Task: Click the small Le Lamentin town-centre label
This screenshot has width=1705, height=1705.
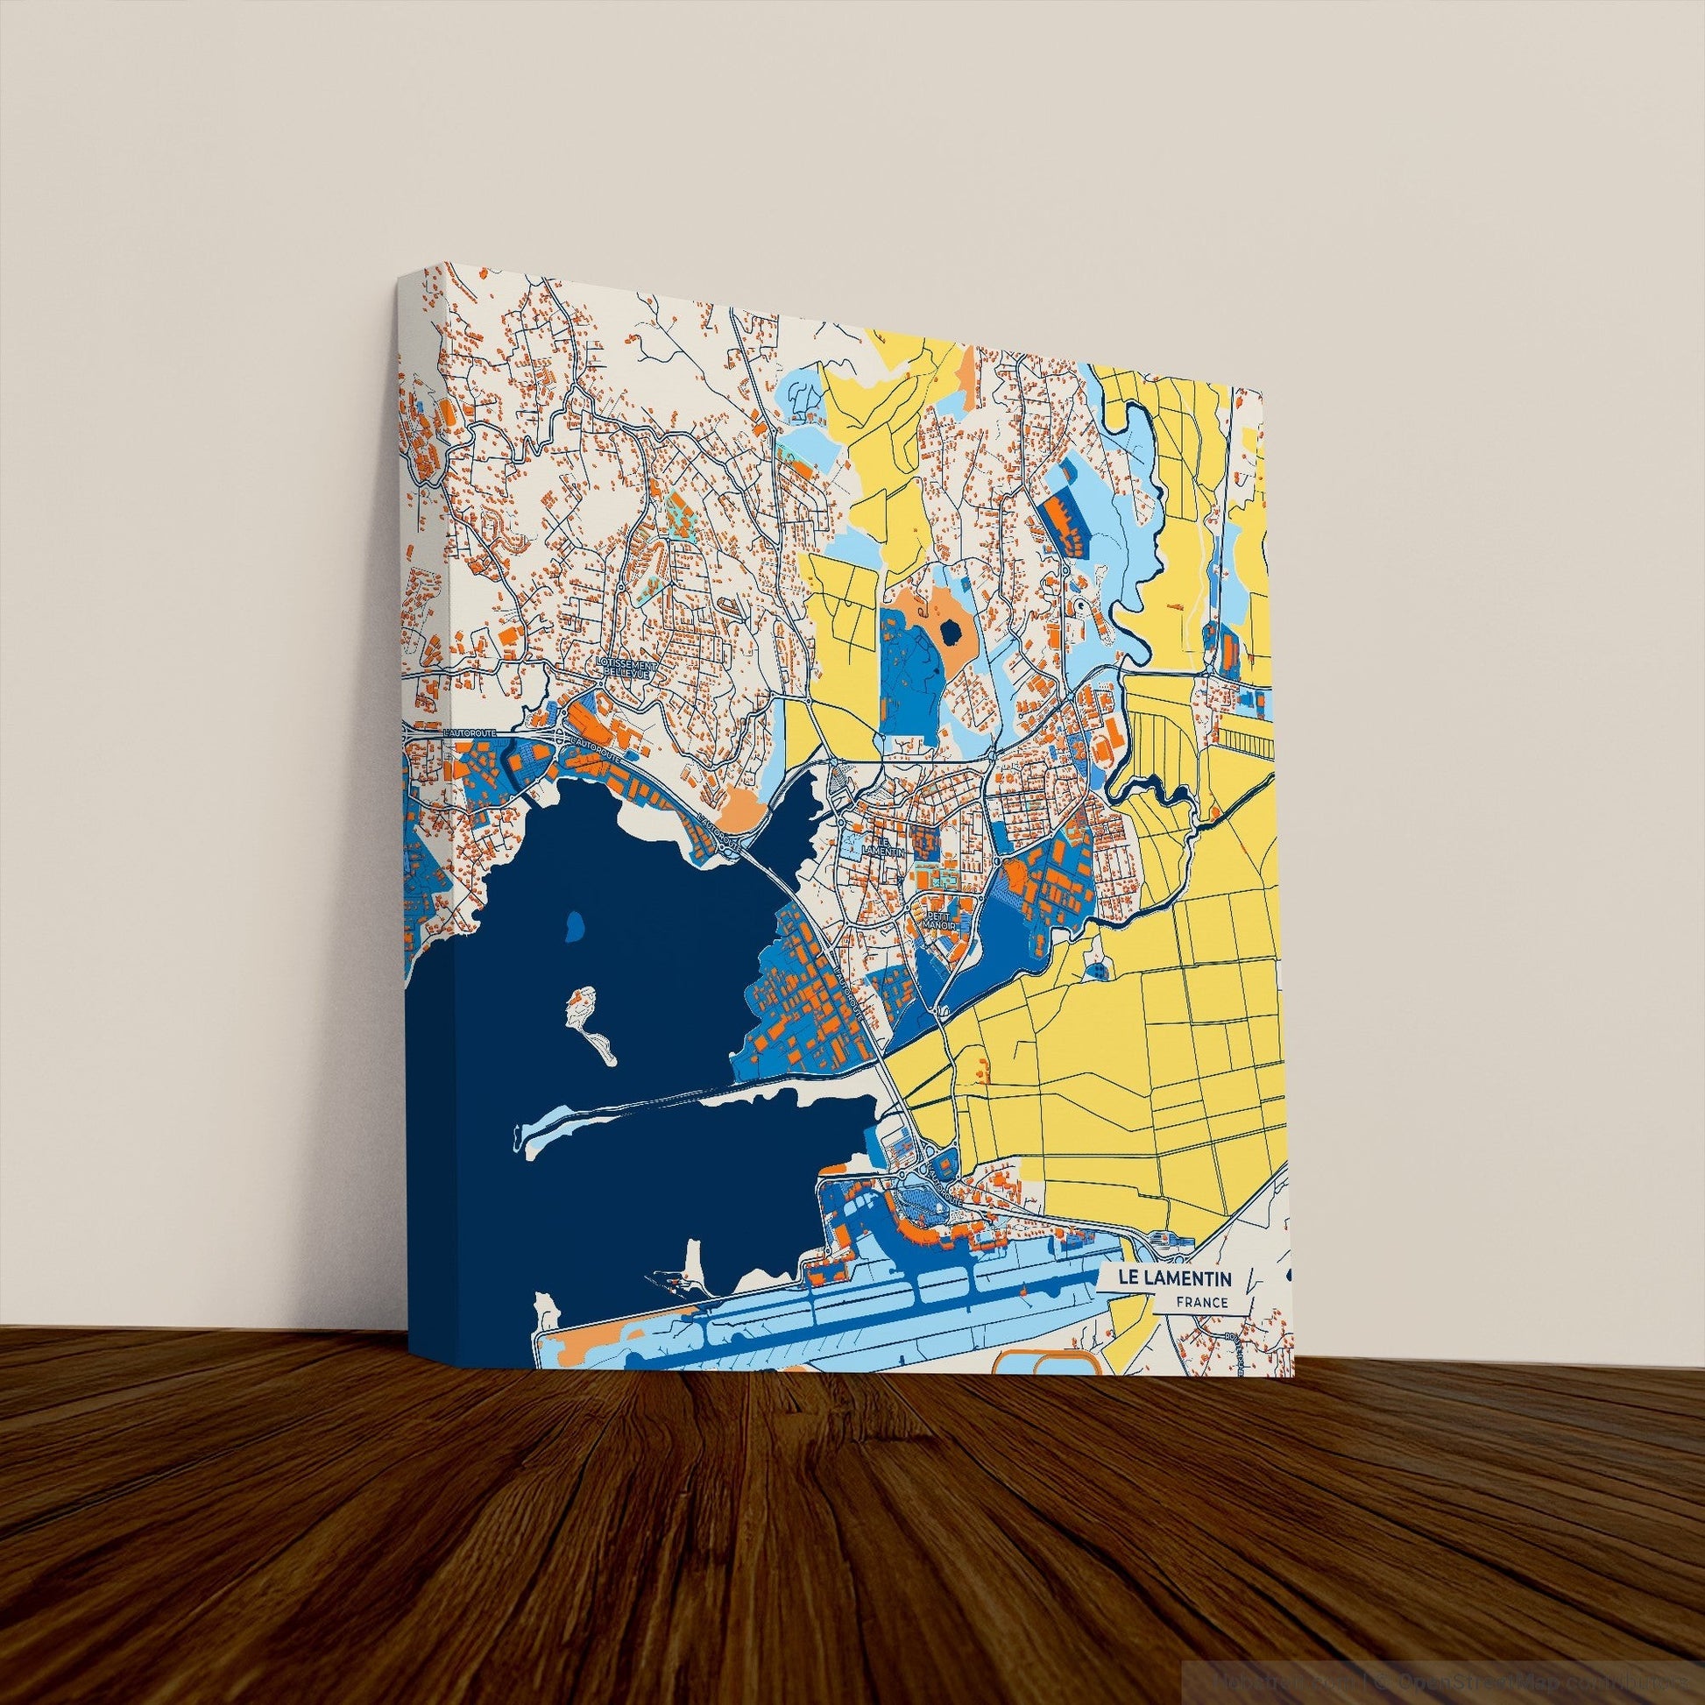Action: point(885,846)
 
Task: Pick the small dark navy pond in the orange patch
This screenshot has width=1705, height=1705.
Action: point(951,631)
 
